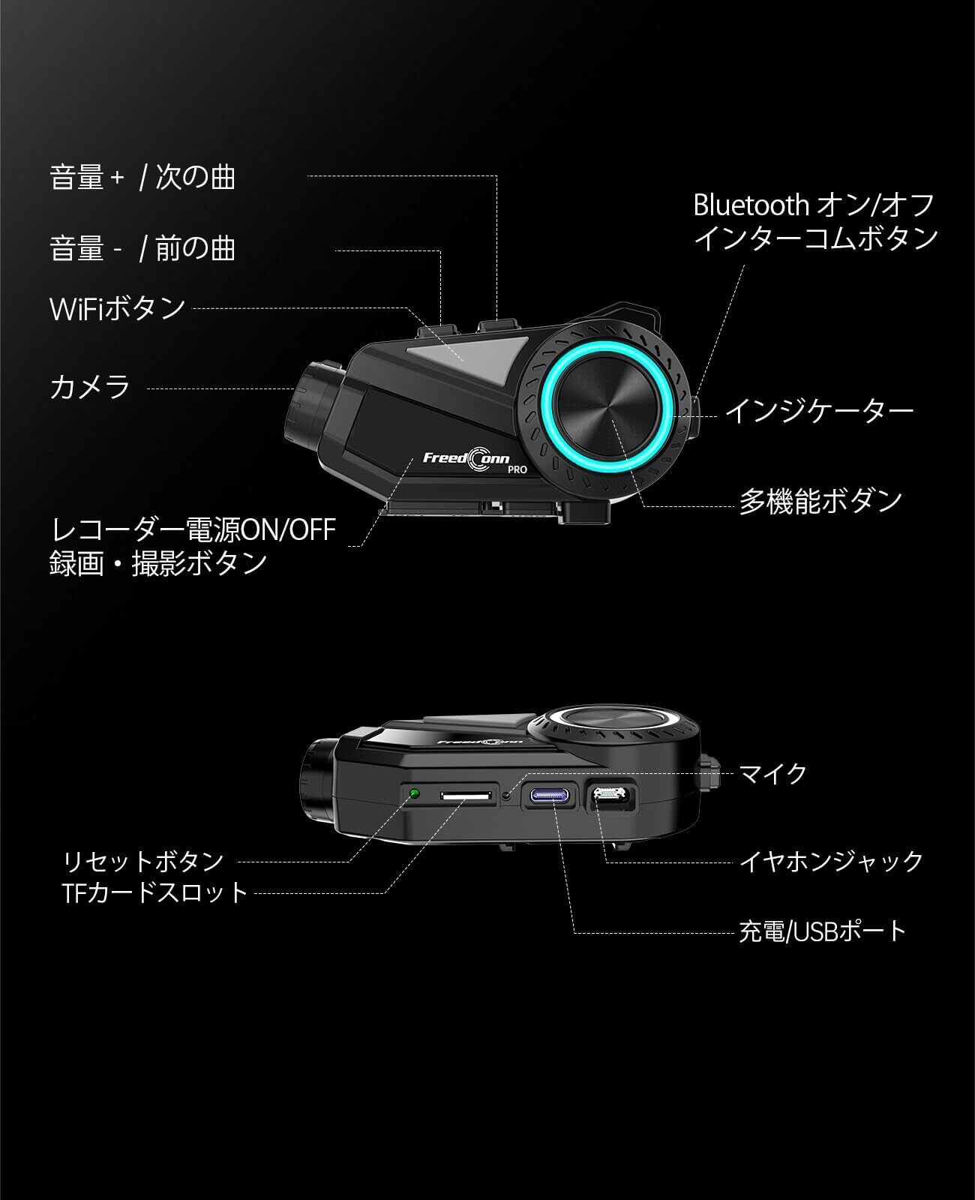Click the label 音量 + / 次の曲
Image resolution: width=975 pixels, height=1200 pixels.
point(142,178)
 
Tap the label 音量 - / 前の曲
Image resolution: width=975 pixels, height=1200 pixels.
point(142,248)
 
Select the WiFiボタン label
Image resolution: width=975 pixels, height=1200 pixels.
point(117,308)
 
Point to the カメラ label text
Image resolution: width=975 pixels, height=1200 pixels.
point(90,387)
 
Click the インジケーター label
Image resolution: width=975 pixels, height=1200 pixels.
point(818,410)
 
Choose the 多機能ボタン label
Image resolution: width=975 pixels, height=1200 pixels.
point(820,501)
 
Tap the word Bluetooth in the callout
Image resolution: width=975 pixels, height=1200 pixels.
point(750,205)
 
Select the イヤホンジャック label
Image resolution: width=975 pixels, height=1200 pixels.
point(831,861)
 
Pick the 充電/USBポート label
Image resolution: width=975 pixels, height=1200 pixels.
point(823,931)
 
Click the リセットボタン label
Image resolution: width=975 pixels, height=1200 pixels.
point(143,861)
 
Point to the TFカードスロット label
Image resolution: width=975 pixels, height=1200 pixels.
point(155,892)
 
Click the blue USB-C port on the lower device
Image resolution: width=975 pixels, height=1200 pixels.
point(553,795)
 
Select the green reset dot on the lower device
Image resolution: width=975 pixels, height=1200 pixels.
point(414,792)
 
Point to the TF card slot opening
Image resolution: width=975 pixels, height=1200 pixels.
point(468,793)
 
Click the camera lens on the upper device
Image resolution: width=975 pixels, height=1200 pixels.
point(311,401)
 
